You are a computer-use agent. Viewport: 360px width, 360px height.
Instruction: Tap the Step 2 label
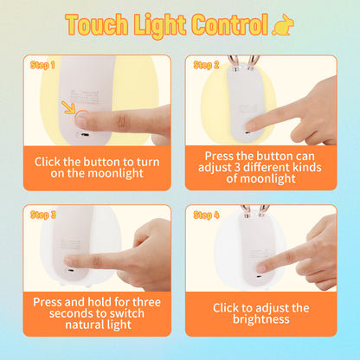click(x=206, y=65)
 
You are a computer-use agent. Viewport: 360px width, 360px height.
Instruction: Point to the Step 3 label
click(x=42, y=215)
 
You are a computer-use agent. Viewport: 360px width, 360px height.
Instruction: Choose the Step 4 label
click(x=206, y=215)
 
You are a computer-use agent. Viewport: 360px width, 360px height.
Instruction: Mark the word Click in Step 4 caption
click(x=230, y=307)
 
